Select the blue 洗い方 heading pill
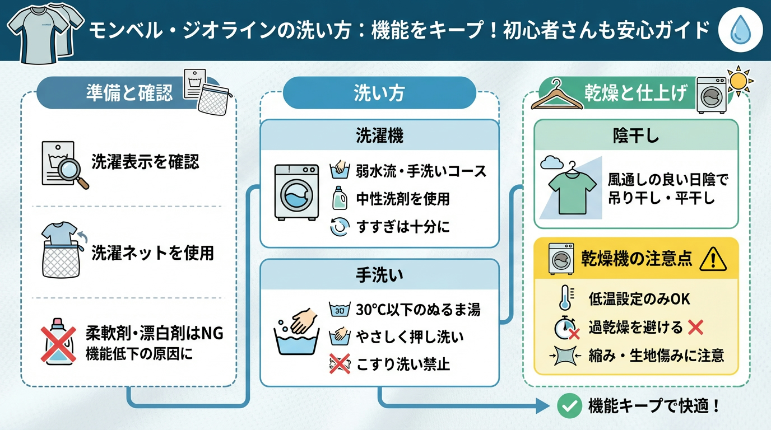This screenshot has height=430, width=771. coord(379,93)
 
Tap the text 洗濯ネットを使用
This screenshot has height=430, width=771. coord(152,253)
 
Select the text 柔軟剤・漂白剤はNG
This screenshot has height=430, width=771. coord(155,333)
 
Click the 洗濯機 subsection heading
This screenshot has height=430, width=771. coord(379,135)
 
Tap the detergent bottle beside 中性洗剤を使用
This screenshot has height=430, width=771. coord(337,198)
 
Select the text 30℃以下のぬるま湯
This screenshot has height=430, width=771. coord(418,309)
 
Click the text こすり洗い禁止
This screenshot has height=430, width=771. coord(403,365)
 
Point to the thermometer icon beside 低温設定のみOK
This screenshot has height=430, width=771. coord(565,298)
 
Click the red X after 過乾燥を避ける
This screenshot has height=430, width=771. coord(695,327)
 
